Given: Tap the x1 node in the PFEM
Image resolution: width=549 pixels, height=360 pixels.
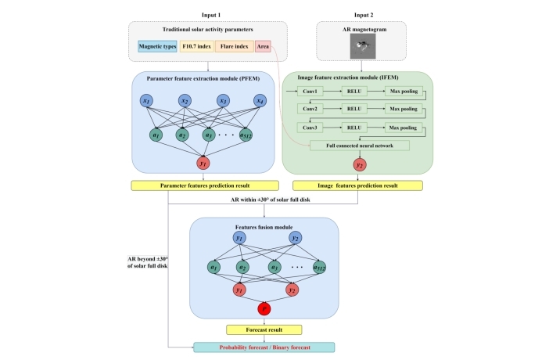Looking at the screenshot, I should tap(145, 101).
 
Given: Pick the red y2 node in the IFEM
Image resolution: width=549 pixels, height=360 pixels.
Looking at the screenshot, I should tap(360, 165).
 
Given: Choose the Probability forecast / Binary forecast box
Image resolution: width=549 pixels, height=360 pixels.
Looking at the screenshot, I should tap(264, 347).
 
